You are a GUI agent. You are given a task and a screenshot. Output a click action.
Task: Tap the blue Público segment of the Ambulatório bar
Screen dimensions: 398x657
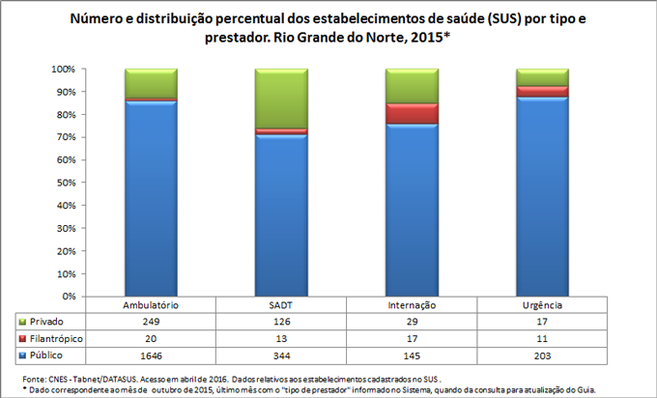click(x=151, y=198)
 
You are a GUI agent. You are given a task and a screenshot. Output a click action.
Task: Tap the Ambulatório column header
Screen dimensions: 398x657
click(x=151, y=304)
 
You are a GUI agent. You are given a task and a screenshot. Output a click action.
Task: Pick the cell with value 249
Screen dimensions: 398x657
click(x=151, y=321)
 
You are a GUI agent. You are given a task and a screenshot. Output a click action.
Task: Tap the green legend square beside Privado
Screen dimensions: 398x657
click(x=22, y=321)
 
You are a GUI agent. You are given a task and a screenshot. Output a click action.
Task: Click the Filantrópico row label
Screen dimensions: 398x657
click(x=56, y=339)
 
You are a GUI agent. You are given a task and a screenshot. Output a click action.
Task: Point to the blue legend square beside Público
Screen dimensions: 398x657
click(x=22, y=356)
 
